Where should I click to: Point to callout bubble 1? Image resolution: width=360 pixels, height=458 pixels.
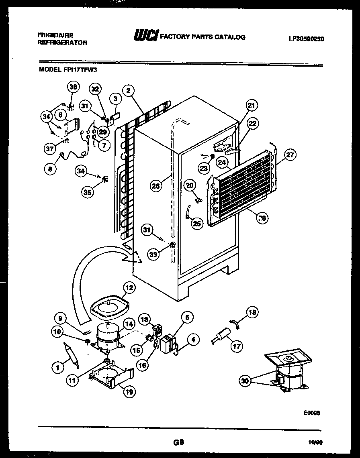click(x=58, y=366)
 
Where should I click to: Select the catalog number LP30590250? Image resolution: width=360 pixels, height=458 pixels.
click(x=306, y=39)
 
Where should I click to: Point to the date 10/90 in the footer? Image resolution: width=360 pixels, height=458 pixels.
click(x=316, y=443)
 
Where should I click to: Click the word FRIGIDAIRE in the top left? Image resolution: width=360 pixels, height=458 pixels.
click(x=55, y=35)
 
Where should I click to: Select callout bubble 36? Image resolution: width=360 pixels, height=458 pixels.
click(x=73, y=87)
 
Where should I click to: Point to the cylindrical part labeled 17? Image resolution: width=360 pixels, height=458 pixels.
click(x=221, y=335)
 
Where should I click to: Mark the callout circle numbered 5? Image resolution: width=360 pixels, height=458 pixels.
click(x=187, y=317)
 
